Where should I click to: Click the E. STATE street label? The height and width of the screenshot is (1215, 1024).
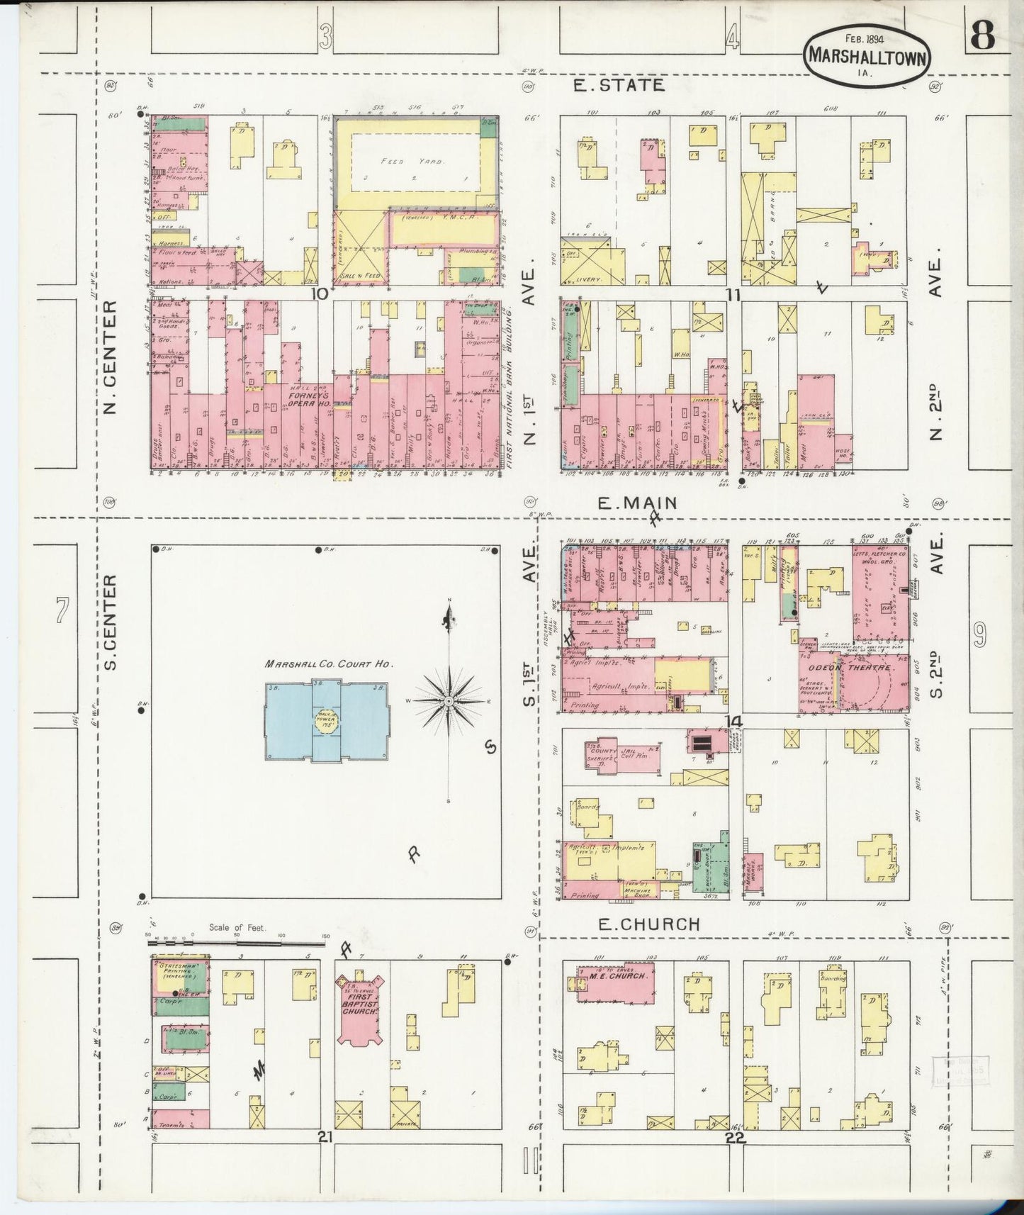(619, 85)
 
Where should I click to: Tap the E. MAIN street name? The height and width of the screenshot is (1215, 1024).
(637, 503)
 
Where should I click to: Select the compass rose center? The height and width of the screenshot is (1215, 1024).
(449, 700)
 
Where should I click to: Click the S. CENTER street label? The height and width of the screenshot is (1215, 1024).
(110, 622)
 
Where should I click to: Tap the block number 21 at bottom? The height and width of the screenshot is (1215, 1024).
(325, 1137)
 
